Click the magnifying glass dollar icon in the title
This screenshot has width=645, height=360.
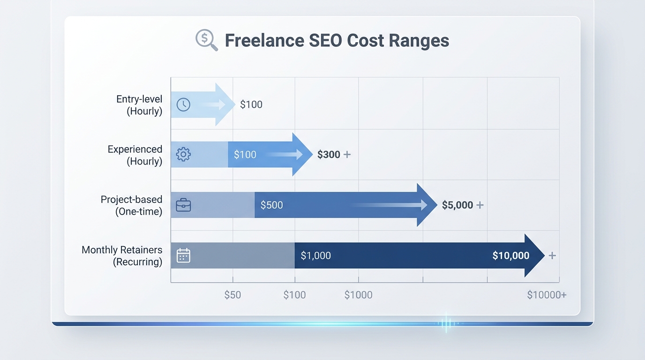[206, 40]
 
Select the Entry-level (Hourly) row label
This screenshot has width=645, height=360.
[139, 105]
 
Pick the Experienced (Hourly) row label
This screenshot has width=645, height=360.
[135, 155]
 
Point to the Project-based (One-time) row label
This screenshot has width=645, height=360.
[131, 205]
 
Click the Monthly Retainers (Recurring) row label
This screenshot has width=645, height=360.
[122, 255]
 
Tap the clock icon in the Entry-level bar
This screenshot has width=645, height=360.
[183, 105]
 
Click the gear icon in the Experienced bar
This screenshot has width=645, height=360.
[183, 154]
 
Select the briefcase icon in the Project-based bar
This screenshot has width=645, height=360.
[183, 205]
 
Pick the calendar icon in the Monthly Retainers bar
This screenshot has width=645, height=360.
[183, 255]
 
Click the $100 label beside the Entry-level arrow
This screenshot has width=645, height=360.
[251, 105]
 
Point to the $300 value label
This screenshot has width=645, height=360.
[329, 155]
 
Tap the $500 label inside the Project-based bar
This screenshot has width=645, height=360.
[272, 205]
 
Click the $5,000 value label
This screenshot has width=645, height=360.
[457, 205]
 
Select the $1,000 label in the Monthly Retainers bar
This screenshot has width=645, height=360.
[315, 255]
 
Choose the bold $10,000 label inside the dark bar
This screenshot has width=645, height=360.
[511, 255]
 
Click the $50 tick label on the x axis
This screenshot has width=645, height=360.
[232, 295]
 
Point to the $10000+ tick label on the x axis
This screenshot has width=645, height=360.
[547, 295]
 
